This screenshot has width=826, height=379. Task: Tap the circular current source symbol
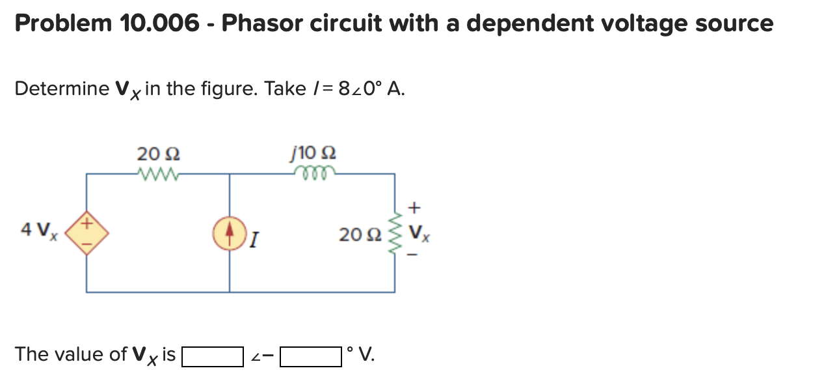(229, 232)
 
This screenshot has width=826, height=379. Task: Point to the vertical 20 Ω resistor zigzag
(395, 233)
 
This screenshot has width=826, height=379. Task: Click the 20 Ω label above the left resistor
(159, 154)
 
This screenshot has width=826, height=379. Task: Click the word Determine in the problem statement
(62, 89)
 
